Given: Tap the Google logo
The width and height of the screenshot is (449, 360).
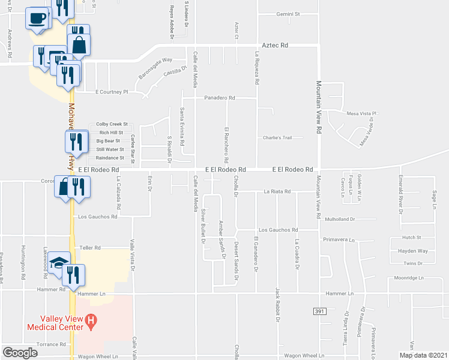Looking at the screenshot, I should pos(20,353).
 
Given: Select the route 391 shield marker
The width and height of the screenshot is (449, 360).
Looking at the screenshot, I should pos(320,311).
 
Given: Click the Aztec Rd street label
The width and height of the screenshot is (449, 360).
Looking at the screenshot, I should pos(276,45).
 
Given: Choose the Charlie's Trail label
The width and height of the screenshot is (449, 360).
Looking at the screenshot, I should pos(277,137).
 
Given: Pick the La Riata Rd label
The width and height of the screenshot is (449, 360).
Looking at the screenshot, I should pos(277,191).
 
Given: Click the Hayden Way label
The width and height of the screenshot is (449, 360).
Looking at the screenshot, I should pos(415,251).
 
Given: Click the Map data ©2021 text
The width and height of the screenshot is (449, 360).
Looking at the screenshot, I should pos(423,355).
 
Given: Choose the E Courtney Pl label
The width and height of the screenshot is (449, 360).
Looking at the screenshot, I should pos(112,92).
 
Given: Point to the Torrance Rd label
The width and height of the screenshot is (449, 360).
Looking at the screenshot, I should pos(51,344).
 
